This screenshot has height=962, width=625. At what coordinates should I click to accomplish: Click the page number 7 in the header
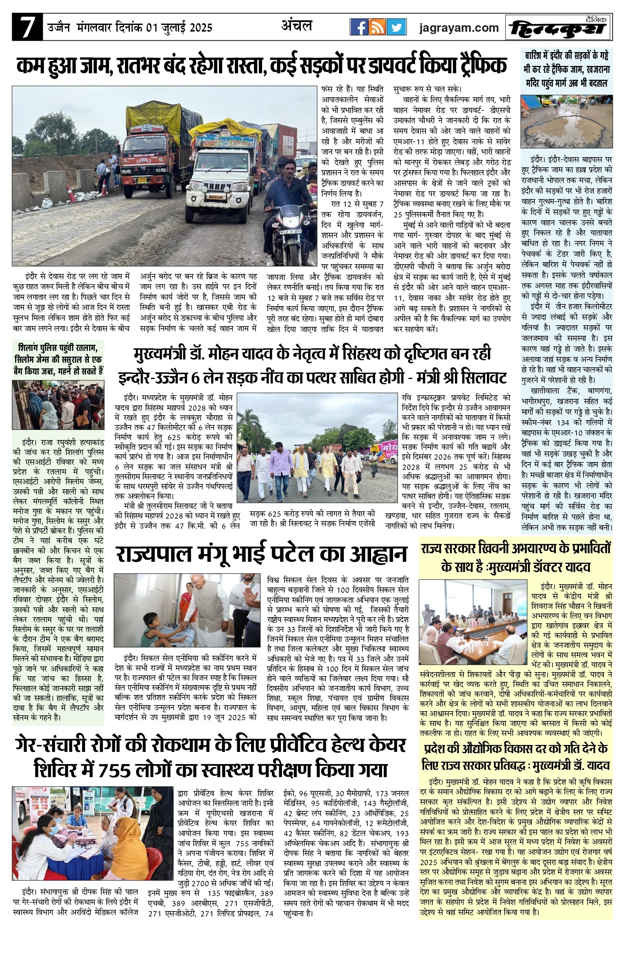(27, 28)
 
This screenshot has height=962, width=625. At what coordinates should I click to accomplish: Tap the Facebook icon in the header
(359, 28)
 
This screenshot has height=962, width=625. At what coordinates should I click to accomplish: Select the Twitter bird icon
(396, 28)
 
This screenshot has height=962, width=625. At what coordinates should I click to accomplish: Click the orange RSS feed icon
(377, 28)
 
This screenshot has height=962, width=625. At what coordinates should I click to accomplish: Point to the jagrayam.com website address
(459, 28)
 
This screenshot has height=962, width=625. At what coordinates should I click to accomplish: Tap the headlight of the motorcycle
(289, 223)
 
